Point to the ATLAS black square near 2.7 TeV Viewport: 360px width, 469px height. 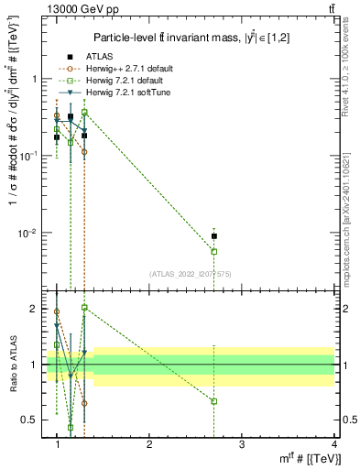point(214,236)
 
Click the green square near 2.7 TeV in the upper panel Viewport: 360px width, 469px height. point(214,251)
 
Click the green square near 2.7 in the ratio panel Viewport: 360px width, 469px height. point(214,401)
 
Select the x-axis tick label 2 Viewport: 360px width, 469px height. point(149,444)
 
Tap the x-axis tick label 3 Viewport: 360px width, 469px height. point(242,444)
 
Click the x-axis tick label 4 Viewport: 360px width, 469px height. point(333,444)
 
